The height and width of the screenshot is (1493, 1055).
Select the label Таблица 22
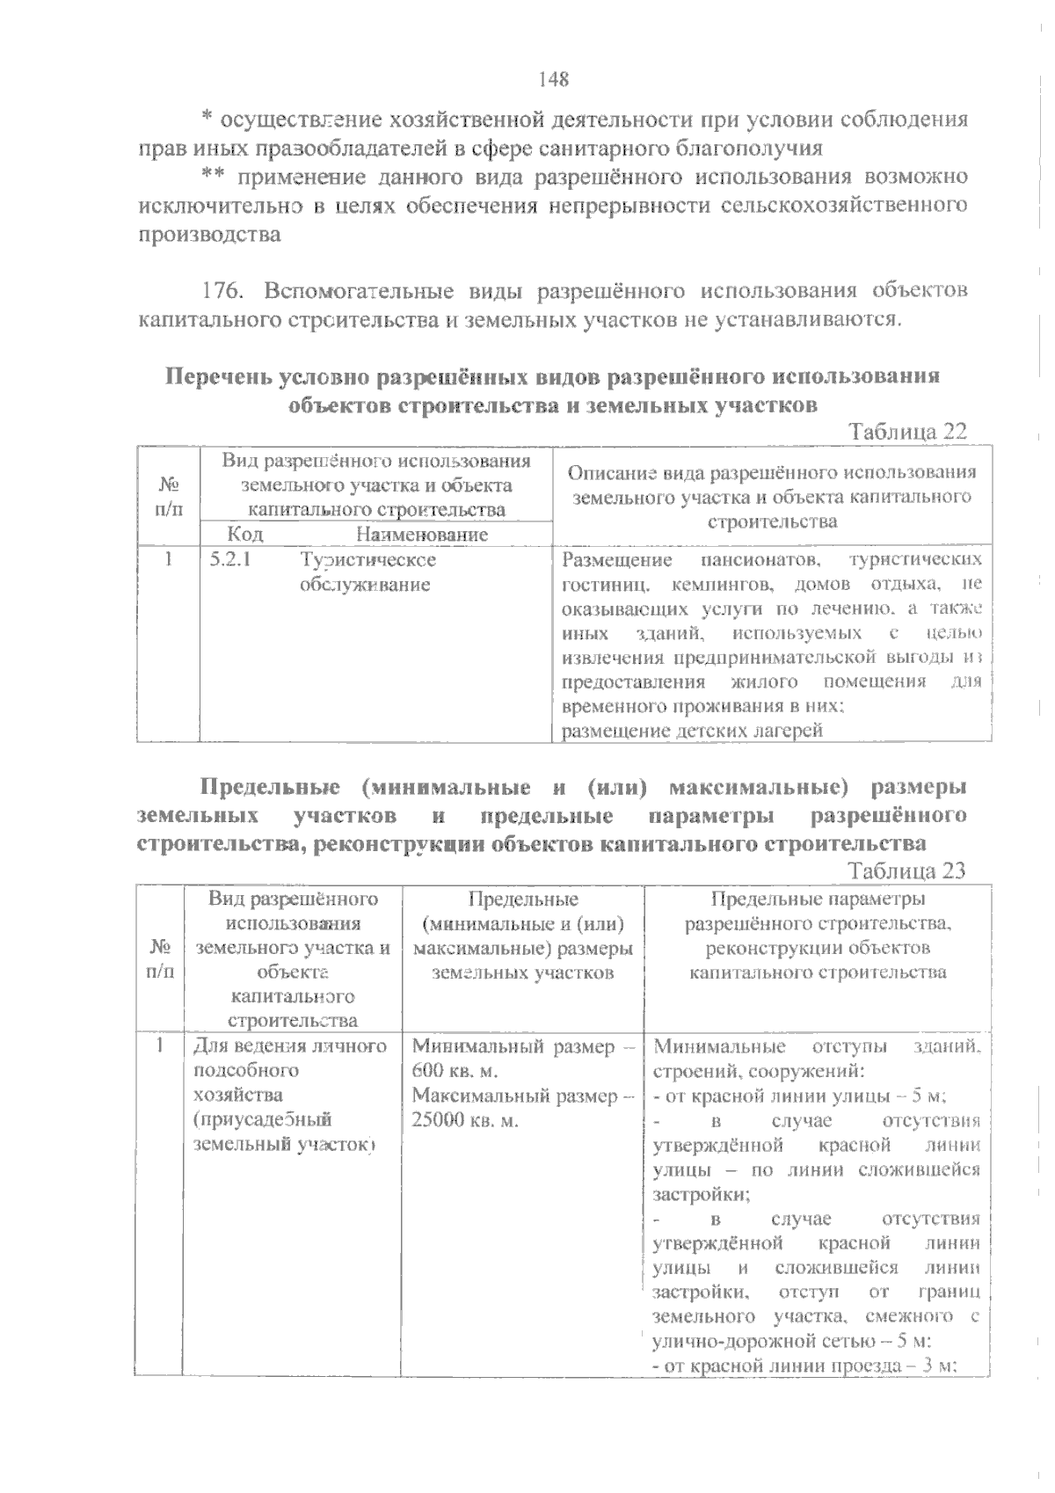coord(907,432)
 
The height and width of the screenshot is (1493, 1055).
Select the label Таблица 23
coord(907,870)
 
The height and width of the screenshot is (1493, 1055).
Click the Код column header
coord(244,534)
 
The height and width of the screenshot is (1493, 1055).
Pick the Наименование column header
coord(422,534)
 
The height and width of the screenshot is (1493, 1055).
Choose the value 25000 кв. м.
coord(465,1121)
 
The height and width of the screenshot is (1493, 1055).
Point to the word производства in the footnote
coord(210,235)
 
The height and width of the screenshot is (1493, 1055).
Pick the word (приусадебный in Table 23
coord(261,1120)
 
